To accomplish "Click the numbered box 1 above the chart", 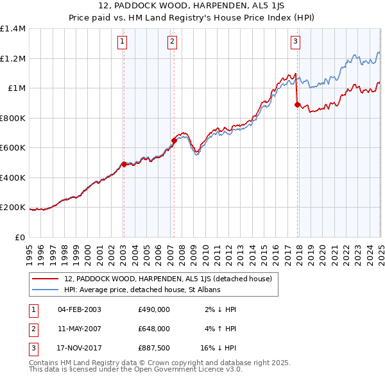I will click(x=122, y=43).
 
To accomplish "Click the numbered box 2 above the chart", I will click(x=173, y=43).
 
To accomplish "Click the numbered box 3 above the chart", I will click(x=295, y=43).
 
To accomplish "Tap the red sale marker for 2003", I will click(x=124, y=164).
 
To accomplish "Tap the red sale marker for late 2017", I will click(x=297, y=104).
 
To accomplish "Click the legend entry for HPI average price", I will click(x=142, y=290).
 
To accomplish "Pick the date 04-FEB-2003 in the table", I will click(x=80, y=309).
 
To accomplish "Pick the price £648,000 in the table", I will click(x=154, y=329).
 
